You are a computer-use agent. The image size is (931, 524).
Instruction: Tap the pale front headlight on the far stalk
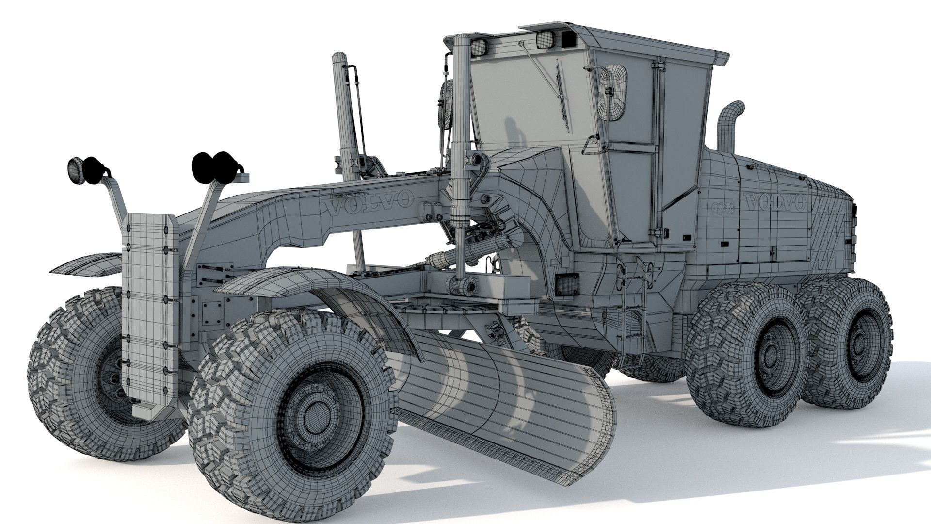point(76,170)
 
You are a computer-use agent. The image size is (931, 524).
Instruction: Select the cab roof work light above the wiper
point(546,40)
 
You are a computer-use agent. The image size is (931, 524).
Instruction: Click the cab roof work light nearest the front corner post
point(479,47)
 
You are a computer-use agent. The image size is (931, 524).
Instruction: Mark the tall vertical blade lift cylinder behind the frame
point(345,116)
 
